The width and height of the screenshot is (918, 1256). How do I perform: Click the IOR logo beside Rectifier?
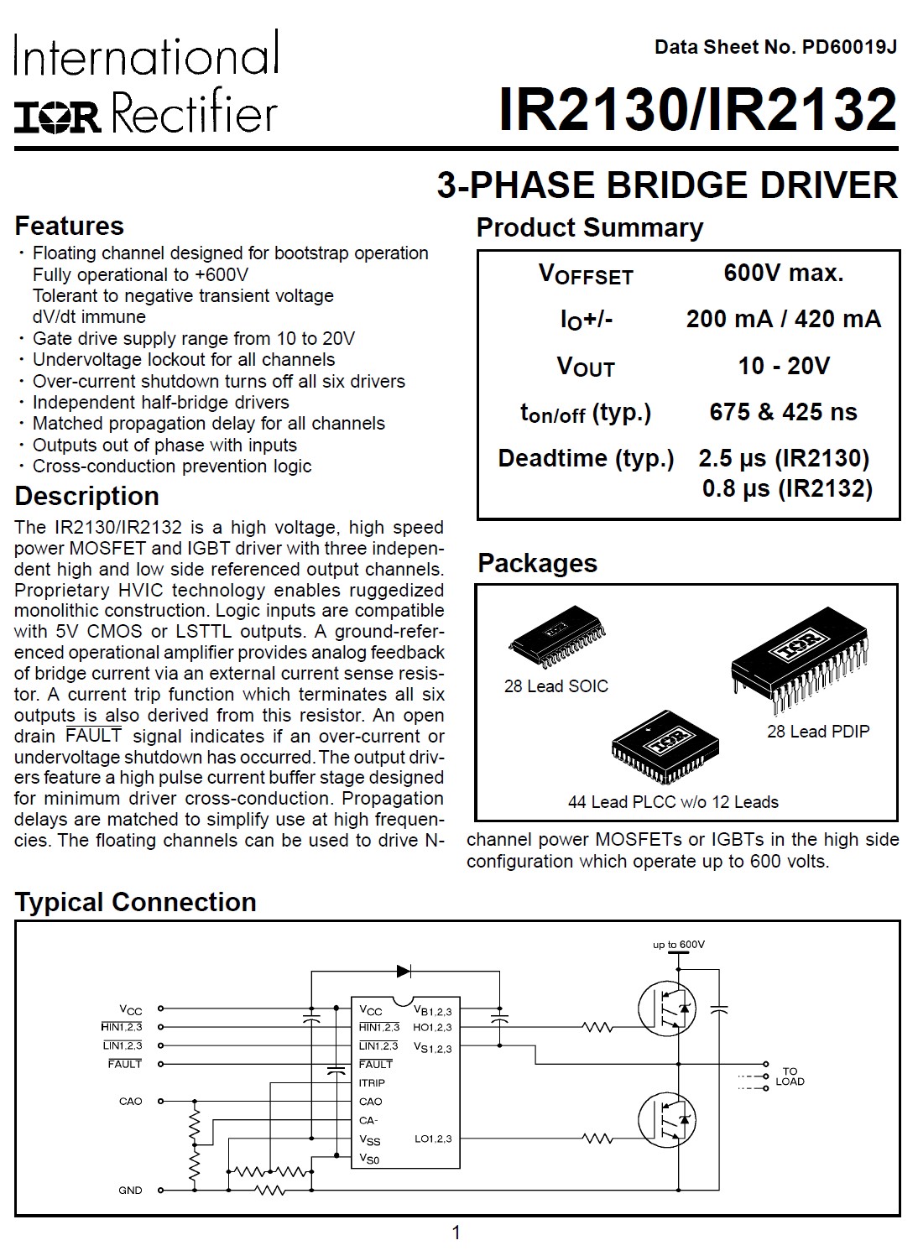point(57,117)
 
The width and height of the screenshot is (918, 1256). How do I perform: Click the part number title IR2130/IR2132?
point(697,110)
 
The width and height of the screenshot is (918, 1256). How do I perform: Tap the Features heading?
point(69,226)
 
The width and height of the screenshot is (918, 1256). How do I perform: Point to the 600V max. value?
point(783,273)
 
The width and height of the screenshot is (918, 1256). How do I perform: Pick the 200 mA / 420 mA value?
point(783,319)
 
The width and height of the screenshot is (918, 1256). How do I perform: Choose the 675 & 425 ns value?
point(783,412)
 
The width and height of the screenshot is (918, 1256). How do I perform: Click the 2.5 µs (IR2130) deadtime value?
point(784,458)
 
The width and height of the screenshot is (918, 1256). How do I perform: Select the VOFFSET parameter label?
point(585,274)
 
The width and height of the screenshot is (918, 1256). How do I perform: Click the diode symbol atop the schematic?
point(404,971)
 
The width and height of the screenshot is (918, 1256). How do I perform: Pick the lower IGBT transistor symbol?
point(667,1120)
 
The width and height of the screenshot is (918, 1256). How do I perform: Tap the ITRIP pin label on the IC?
point(372,1083)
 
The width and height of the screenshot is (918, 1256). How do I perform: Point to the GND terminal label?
point(130,1190)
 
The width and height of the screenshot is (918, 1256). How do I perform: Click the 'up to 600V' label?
point(678,945)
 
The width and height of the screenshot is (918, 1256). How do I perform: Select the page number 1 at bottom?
point(456,1233)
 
